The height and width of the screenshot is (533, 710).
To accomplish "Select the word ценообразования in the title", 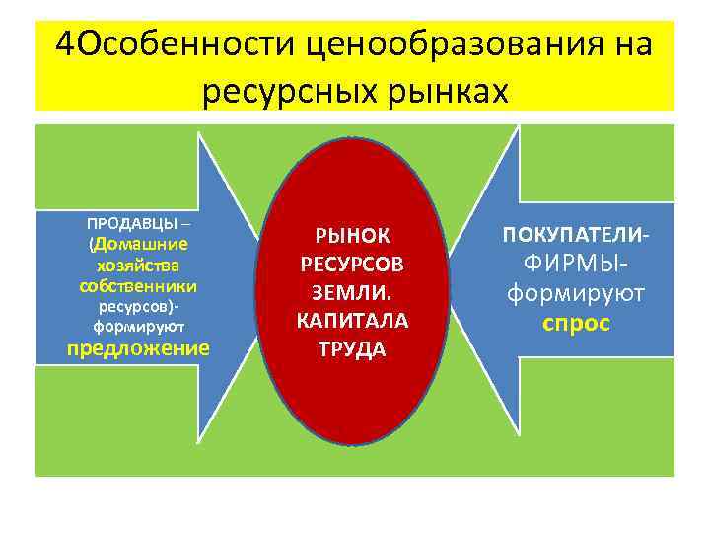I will coord(442,44).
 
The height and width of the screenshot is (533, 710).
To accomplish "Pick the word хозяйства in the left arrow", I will coord(137,266).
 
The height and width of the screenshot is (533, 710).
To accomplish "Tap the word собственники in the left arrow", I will coord(137,286).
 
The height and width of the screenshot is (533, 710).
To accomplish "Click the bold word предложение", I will coord(137,347).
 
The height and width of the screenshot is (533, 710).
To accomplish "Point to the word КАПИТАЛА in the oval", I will coord(352,322).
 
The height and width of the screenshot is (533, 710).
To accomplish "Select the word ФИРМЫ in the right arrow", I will coord(573,266).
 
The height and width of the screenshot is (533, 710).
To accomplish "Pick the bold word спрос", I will coord(576,323).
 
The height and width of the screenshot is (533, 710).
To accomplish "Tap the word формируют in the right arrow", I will coord(576,294).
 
